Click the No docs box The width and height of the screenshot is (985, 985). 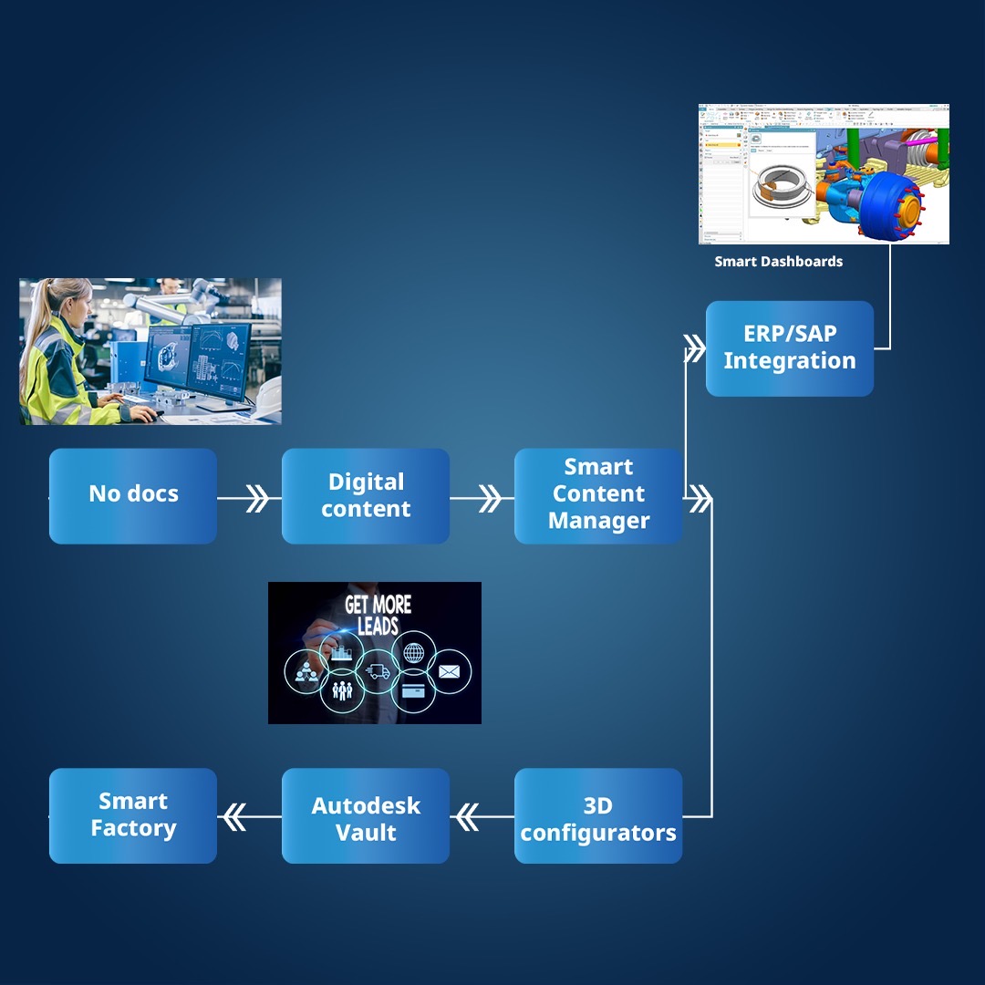[133, 495]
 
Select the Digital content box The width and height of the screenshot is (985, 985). [366, 495]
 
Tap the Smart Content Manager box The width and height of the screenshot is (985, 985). [598, 495]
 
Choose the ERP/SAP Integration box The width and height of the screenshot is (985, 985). [790, 347]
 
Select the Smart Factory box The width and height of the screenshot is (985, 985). [133, 816]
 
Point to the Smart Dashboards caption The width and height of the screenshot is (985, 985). [778, 262]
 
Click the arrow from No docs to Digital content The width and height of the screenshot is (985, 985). [256, 498]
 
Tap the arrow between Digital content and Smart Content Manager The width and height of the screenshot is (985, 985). [490, 498]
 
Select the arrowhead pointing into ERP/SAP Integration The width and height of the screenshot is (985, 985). [695, 347]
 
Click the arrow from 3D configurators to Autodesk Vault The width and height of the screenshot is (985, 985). [467, 817]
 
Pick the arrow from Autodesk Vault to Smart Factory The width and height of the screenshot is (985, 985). [234, 817]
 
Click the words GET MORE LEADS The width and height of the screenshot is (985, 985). [378, 615]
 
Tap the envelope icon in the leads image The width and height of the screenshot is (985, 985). [449, 672]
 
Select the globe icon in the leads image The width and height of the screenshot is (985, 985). [412, 653]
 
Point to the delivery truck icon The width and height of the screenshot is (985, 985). [378, 672]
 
